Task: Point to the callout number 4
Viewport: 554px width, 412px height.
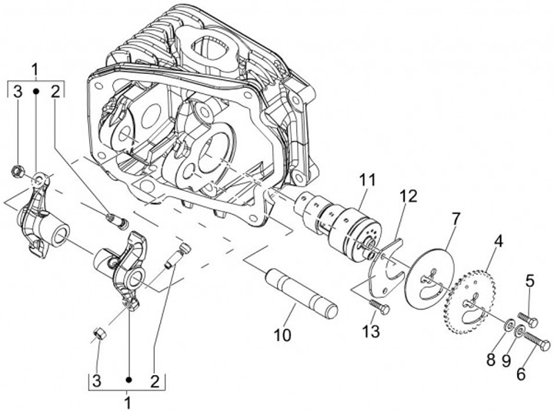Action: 499,240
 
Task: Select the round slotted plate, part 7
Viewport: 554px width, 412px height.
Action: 427,277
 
